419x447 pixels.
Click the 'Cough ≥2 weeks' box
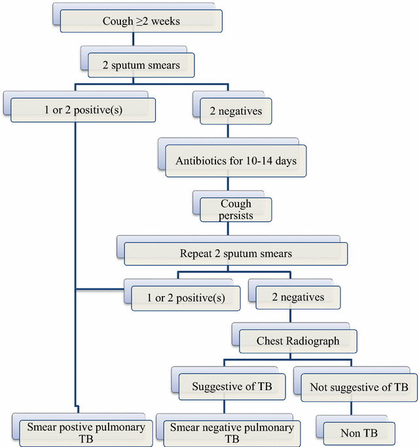(x=140, y=22)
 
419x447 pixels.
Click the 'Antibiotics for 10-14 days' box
(x=235, y=161)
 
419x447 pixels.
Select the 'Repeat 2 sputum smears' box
(x=236, y=253)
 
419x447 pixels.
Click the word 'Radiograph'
(x=308, y=340)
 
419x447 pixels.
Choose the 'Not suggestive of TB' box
(x=354, y=387)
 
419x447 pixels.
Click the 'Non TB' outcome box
(x=358, y=433)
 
